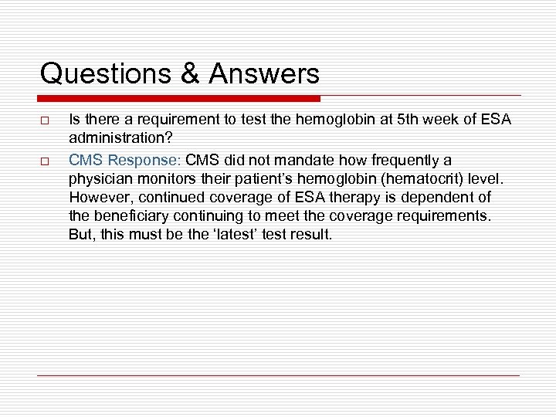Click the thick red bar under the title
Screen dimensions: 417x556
click(179, 99)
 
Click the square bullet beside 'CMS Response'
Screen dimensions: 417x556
click(45, 161)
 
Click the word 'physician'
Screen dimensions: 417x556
click(100, 178)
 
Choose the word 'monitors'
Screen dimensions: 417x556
click(168, 178)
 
